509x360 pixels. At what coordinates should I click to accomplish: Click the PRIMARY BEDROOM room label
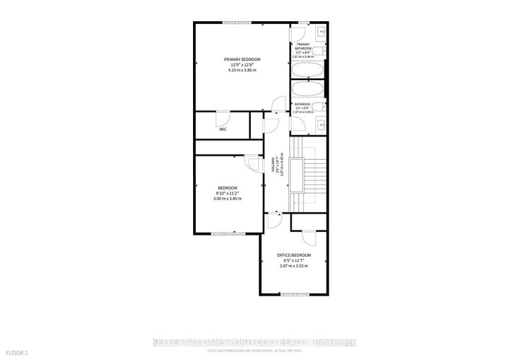click(x=242, y=59)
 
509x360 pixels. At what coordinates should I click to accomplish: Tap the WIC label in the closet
click(x=223, y=129)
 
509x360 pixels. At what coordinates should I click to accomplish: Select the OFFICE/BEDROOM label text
click(x=294, y=255)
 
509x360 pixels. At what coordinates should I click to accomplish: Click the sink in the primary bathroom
click(x=321, y=33)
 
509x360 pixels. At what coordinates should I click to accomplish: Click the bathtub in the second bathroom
click(x=308, y=90)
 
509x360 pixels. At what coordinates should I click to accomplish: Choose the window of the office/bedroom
click(x=293, y=294)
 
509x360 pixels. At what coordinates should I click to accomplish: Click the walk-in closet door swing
click(x=223, y=118)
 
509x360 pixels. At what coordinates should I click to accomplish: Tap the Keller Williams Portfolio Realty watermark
click(x=255, y=342)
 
